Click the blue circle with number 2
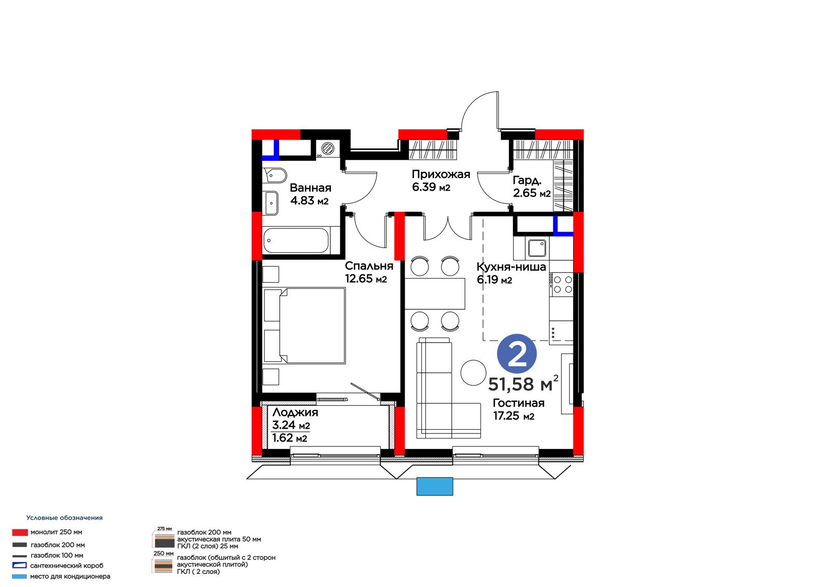(517, 354)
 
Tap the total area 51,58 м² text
(523, 384)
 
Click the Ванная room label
(311, 188)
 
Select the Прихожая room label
(440, 174)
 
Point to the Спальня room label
(369, 266)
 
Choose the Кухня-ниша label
(511, 267)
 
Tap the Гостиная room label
(518, 403)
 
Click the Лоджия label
(295, 413)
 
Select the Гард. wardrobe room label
(527, 181)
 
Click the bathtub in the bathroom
(296, 241)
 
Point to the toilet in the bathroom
(274, 175)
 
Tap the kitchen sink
(537, 248)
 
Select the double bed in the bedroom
(305, 325)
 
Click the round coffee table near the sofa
(473, 373)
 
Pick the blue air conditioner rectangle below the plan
(435, 486)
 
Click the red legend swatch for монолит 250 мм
(20, 533)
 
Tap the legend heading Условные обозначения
(64, 517)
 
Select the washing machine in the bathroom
(327, 149)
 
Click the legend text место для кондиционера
(70, 576)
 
